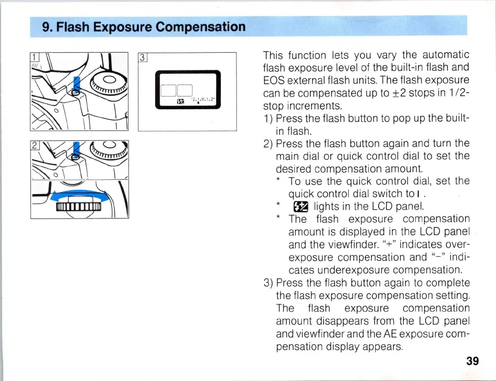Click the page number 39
click(x=472, y=361)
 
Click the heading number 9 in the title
click(x=46, y=27)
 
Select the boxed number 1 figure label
click(x=34, y=57)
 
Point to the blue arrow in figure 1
click(x=77, y=85)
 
